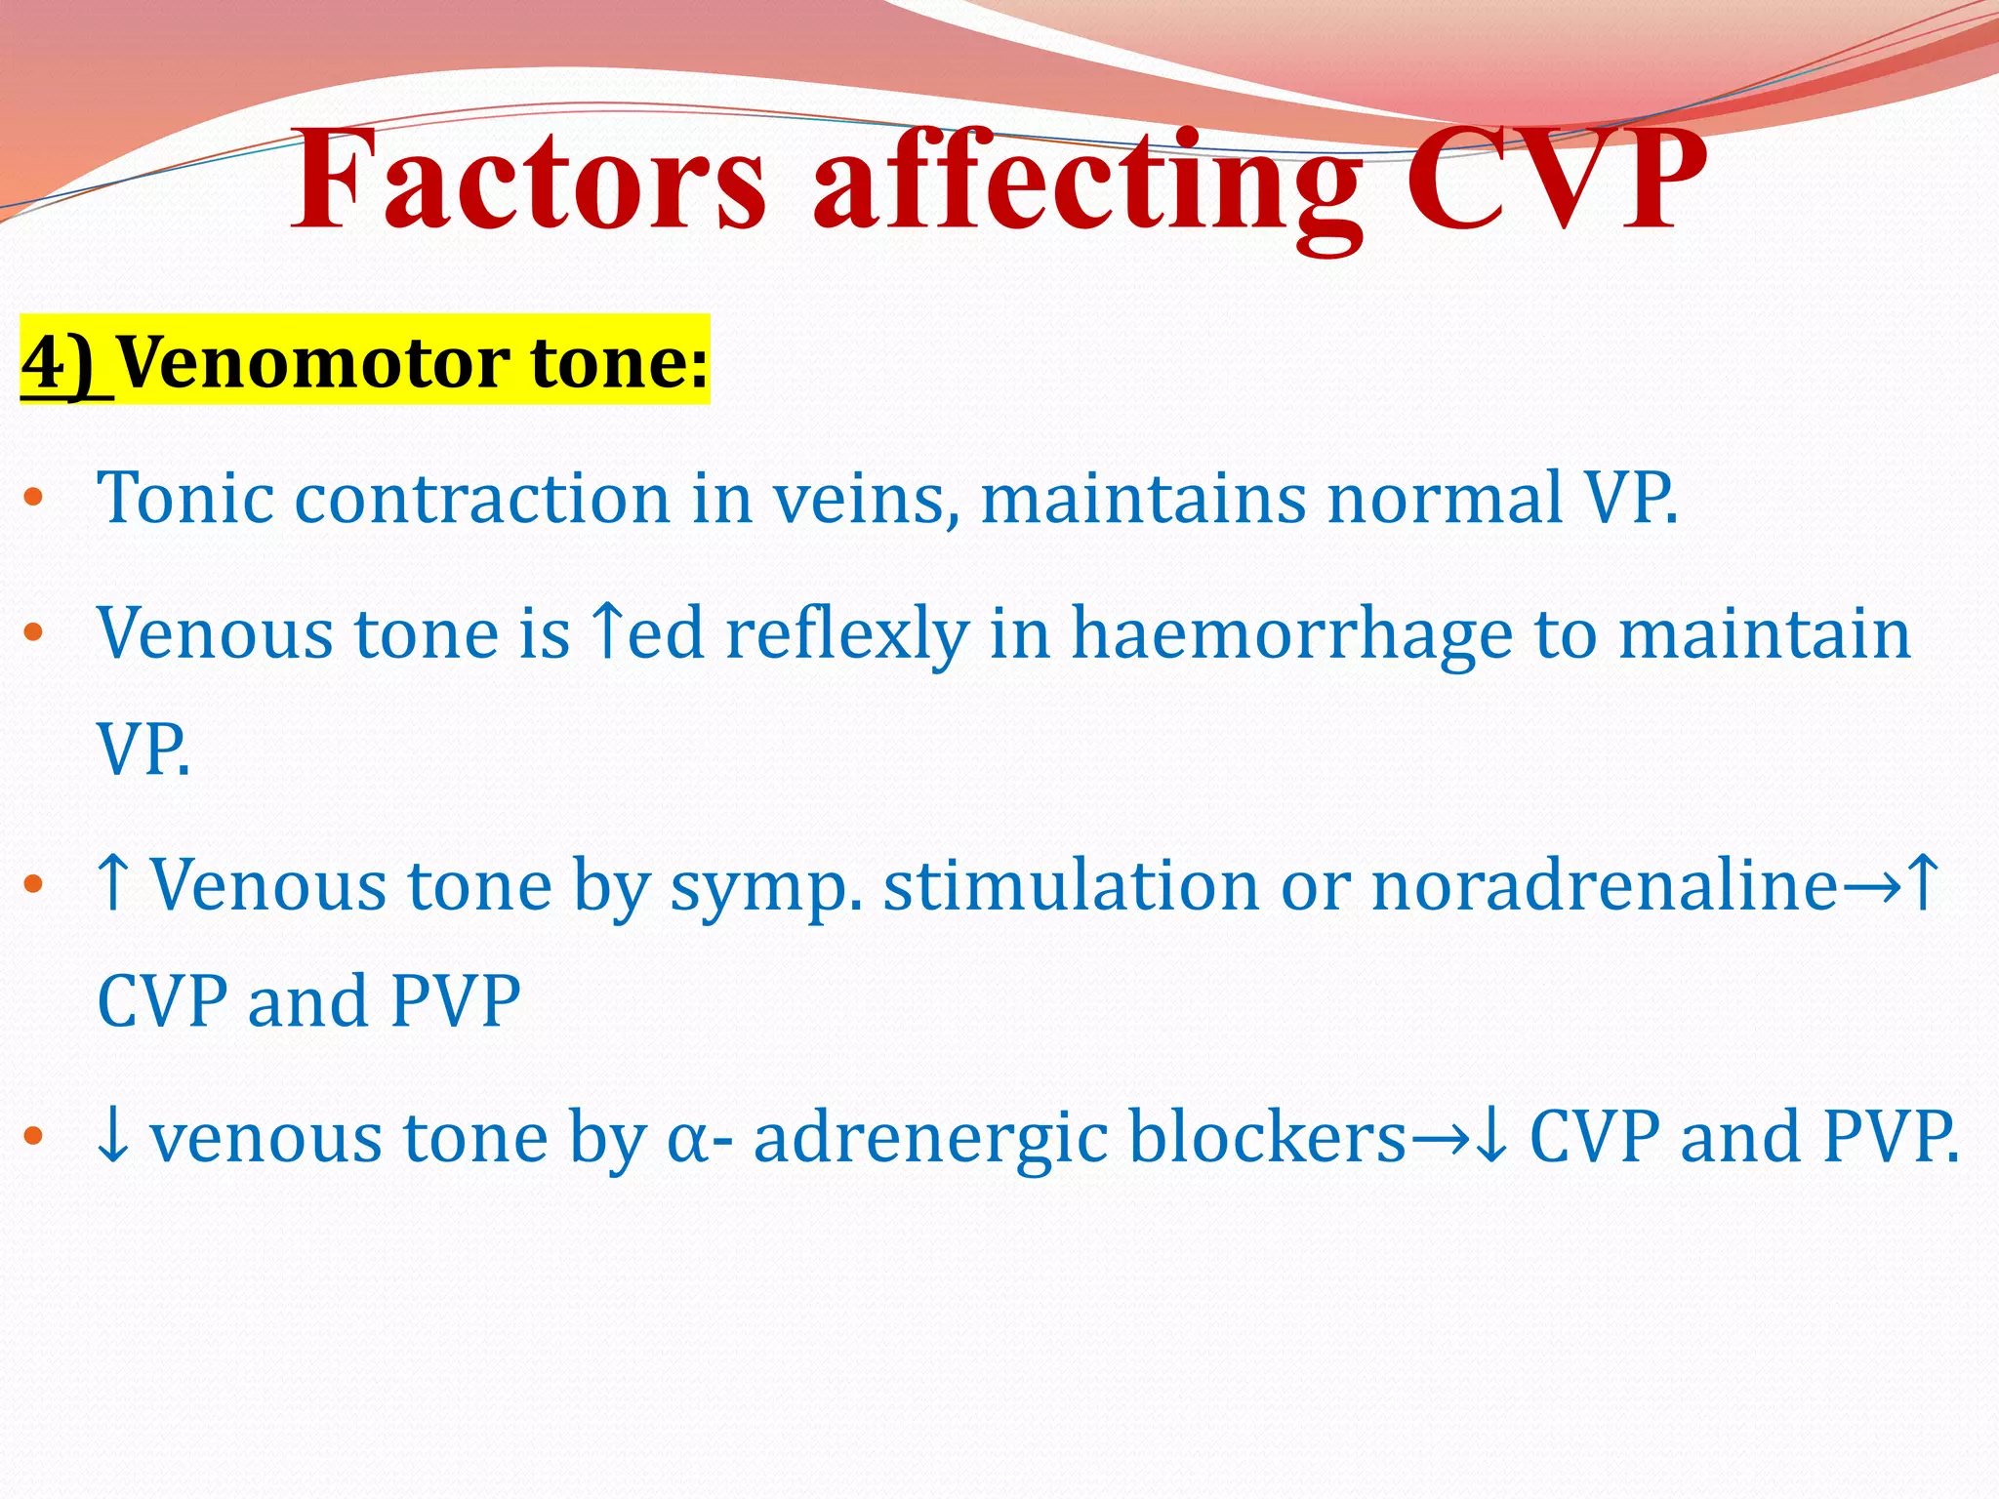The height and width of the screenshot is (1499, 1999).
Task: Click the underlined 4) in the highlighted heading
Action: coord(65,362)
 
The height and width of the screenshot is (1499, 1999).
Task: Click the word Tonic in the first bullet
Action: coord(184,498)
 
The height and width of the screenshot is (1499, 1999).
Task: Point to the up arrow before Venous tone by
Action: coord(114,884)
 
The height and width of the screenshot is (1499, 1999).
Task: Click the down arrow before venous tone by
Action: coord(114,1138)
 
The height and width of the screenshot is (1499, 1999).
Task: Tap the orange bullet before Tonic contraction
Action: coord(34,498)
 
